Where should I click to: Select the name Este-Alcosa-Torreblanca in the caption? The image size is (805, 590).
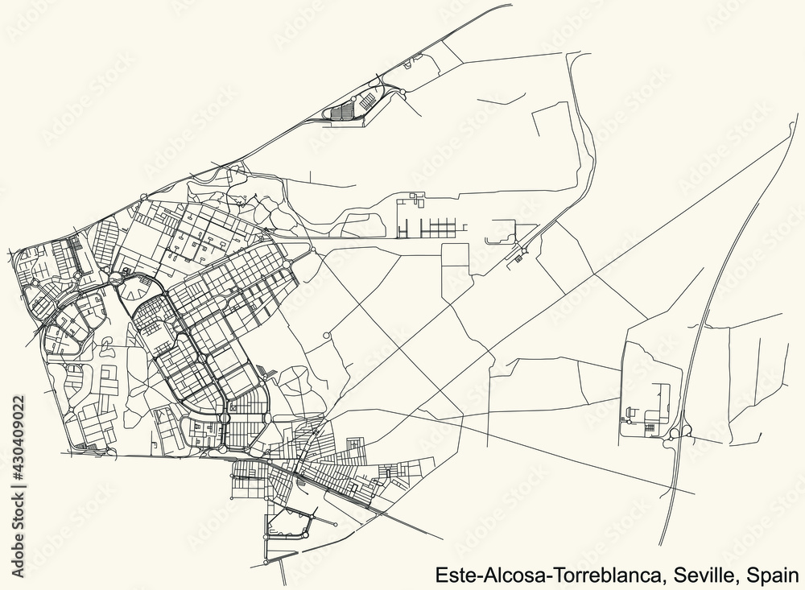(549, 576)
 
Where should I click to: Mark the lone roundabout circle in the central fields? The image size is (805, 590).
(325, 335)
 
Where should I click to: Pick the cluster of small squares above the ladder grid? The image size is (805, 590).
(415, 197)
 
